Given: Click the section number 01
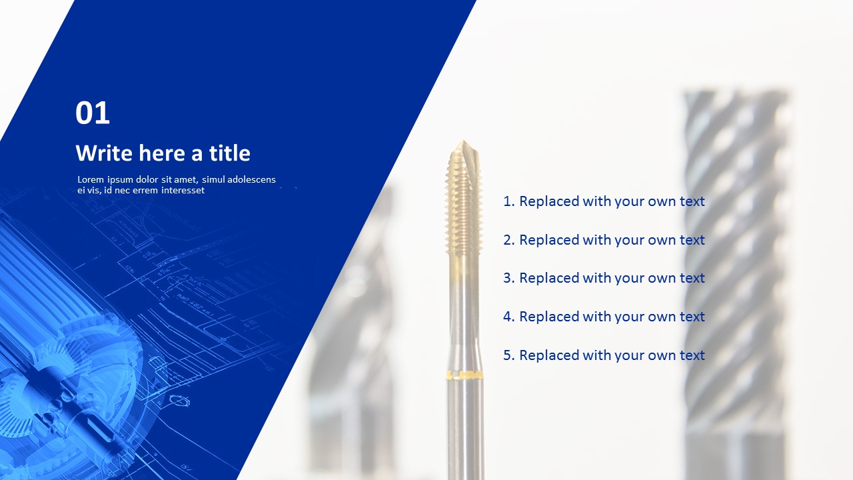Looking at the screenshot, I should coord(93,113).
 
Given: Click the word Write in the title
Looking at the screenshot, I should coord(105,153).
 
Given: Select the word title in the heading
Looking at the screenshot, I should coord(230,153).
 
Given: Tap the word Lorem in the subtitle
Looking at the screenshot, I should coord(91,179).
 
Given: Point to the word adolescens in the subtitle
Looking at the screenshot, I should coord(251,179).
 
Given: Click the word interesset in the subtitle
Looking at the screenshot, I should coord(179,191).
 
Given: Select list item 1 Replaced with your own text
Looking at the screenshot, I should coord(604,201).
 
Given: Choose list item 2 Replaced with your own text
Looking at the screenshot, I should coord(604,240).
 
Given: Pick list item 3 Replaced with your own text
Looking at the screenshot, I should coord(604,278).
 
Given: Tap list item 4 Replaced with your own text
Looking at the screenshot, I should coord(604,317).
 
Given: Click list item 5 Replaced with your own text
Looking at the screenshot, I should coord(604,355).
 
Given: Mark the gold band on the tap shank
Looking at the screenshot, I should coord(464,375).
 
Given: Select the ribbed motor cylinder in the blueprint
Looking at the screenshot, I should coord(40,280).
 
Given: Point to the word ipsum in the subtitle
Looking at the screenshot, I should coord(120,179).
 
